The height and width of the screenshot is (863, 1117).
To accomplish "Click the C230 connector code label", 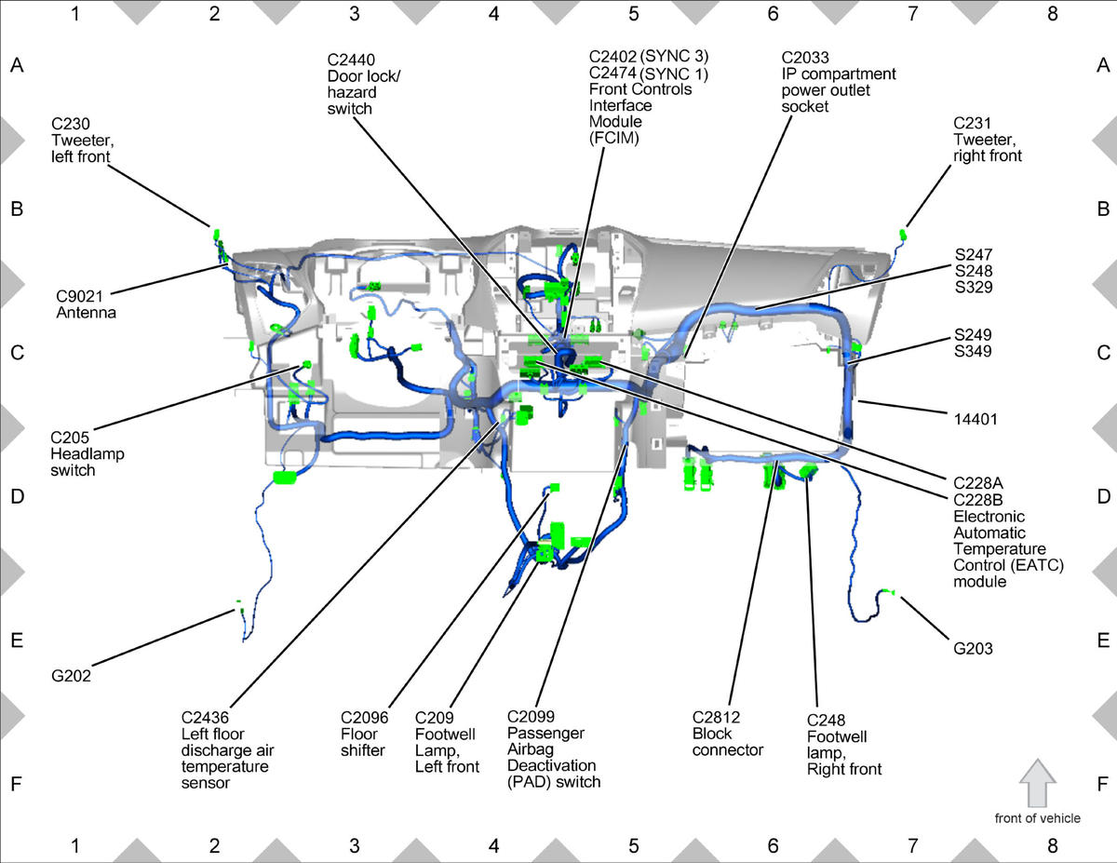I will tap(71, 123).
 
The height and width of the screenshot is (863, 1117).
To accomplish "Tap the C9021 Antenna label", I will tap(87, 304).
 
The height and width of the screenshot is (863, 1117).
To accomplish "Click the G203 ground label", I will tap(973, 648).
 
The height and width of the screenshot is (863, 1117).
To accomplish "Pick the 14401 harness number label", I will tap(975, 419).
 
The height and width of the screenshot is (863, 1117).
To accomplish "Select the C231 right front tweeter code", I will tap(973, 123).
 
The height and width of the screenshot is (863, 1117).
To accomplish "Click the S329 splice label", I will tap(973, 288).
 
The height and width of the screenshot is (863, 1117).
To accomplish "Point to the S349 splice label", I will tap(973, 352).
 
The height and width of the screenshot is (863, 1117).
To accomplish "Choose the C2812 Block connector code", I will tap(717, 717).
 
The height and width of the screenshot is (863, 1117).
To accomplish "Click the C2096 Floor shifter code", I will tap(366, 717).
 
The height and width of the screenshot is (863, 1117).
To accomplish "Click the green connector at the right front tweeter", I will tap(903, 231).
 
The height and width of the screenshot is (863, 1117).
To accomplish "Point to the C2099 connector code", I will tap(532, 717).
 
